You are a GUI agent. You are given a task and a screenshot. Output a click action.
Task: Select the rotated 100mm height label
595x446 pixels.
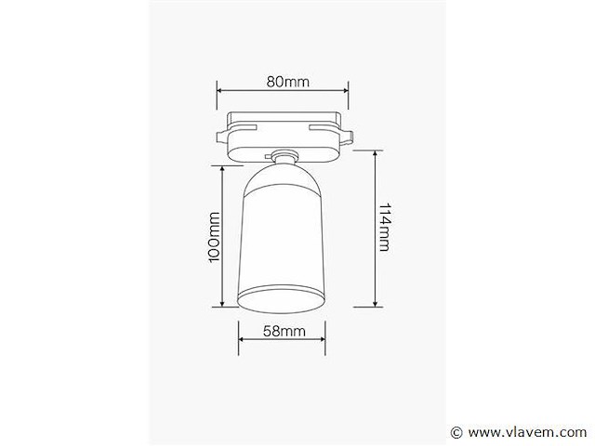click(213, 238)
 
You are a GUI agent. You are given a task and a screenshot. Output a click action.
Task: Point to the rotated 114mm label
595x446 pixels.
click(384, 229)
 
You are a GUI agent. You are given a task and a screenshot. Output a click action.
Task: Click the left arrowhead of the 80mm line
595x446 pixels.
click(219, 91)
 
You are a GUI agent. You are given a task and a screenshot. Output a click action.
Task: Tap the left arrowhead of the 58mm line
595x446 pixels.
click(241, 341)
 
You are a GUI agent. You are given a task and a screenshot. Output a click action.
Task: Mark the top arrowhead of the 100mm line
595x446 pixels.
click(223, 169)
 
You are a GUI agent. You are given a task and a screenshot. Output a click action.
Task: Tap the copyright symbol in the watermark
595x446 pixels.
click(456, 432)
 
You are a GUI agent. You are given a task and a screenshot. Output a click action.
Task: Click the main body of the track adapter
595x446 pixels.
click(283, 135)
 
